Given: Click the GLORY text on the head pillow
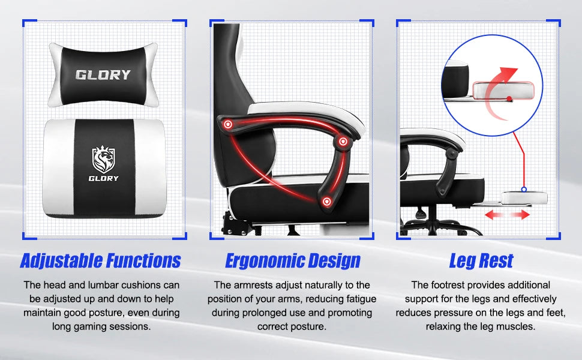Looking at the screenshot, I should tap(103, 75).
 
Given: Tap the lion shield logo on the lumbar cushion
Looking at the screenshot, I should tap(103, 159).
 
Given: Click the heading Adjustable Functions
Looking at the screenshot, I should tap(100, 260).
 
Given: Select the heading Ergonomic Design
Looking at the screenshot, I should tap(293, 260).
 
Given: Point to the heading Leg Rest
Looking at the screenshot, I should tap(481, 260).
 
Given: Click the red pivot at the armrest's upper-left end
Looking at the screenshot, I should tap(228, 124).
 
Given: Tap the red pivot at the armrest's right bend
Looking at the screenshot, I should tap(343, 142).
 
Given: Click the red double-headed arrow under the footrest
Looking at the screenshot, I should tap(508, 214).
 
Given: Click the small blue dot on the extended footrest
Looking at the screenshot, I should tap(523, 190).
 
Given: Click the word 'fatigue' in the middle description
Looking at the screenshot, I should tap(356, 299).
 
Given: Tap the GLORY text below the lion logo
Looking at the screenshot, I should tap(104, 178).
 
